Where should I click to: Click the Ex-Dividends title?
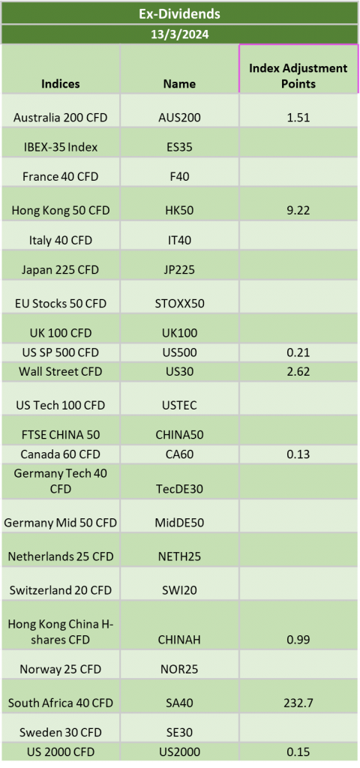[179, 13]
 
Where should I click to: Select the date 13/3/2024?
[179, 34]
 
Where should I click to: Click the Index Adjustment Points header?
[298, 76]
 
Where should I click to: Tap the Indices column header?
[61, 84]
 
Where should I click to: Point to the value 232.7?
[298, 703]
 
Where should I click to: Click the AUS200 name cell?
[179, 118]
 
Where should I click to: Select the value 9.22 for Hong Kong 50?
[298, 211]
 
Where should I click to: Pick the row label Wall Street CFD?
[61, 371]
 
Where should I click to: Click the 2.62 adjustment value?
[298, 371]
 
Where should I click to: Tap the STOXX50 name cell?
[179, 303]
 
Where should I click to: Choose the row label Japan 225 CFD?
[61, 269]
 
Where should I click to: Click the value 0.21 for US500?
[298, 352]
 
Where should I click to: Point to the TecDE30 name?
[179, 489]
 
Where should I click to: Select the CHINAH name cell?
[179, 639]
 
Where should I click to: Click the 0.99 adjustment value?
[298, 639]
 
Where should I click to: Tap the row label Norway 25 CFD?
[61, 669]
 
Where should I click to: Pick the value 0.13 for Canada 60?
[298, 454]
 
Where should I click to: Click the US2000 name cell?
[179, 751]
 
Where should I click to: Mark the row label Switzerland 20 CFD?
[61, 590]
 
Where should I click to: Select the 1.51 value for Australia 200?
[298, 118]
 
